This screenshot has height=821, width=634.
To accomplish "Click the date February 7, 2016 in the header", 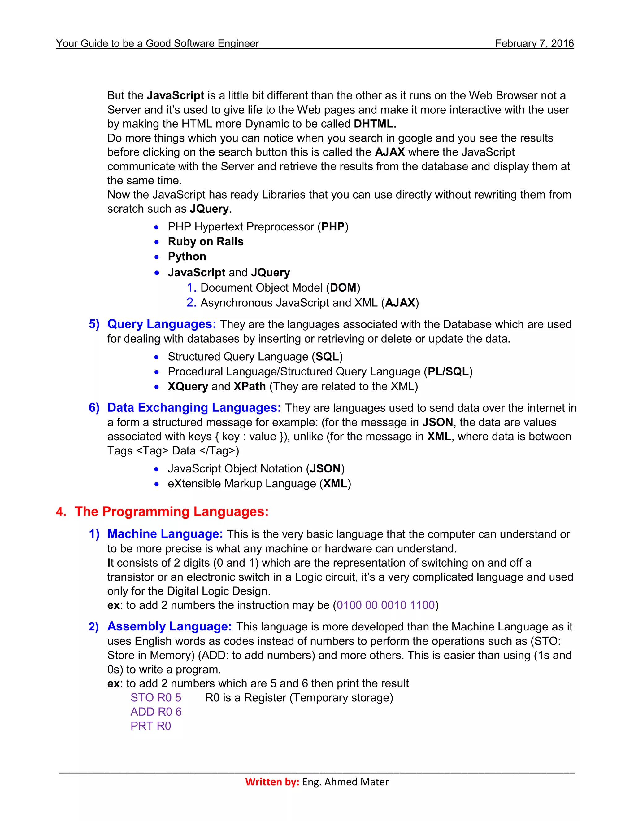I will coord(534,44).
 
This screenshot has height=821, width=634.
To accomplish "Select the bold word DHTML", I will coord(373,124).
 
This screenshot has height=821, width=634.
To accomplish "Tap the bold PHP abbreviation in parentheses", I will coord(333,227).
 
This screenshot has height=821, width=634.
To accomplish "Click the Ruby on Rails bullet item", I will coord(206,241).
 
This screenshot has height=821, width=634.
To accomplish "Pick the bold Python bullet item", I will coord(187,257).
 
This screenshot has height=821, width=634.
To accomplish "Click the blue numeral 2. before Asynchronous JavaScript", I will coord(191,303).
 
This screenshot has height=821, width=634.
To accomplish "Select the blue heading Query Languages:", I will coord(162,324).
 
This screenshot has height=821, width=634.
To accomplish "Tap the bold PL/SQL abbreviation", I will coord(448,371).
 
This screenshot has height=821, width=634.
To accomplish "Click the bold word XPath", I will coord(250,386).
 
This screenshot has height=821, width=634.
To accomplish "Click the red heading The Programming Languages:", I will coord(171,511).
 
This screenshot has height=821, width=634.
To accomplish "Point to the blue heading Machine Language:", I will coord(165,534).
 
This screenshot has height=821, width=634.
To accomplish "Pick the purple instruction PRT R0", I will coord(151,726).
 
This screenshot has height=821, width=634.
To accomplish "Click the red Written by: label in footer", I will coord(272,782).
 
